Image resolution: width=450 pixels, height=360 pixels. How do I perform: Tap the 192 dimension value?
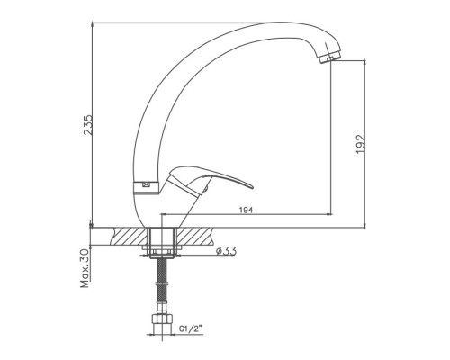pos(361,144)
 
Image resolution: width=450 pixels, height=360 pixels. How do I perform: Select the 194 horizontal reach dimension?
pos(247,210)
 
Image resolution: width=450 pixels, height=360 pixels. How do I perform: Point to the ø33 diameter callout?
pos(226,250)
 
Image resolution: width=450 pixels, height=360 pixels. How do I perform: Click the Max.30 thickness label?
pos(85,268)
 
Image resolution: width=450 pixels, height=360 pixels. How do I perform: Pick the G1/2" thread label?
pos(191,328)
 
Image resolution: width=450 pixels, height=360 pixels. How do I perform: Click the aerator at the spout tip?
pos(330,58)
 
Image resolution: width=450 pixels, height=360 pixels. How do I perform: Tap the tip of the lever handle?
pos(253,187)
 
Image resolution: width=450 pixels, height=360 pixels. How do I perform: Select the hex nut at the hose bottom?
pos(162,319)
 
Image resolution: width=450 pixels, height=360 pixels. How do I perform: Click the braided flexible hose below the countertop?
pos(162,281)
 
